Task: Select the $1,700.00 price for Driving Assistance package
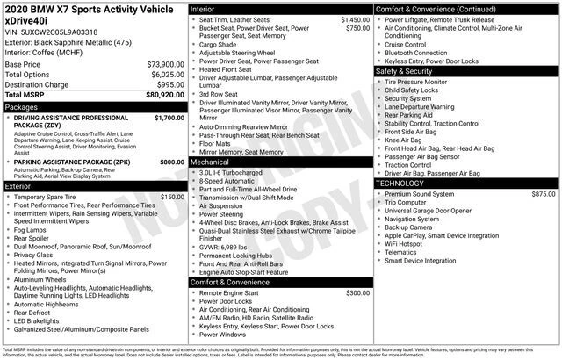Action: (169, 117)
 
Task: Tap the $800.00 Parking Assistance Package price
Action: (172, 162)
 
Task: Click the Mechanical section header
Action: (211, 162)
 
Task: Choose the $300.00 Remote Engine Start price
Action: (357, 292)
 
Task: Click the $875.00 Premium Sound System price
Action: (543, 193)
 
